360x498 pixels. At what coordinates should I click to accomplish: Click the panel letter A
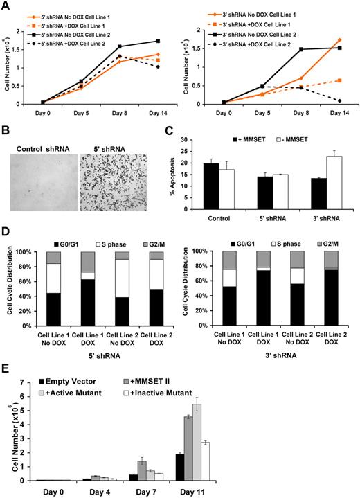(x=6, y=6)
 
